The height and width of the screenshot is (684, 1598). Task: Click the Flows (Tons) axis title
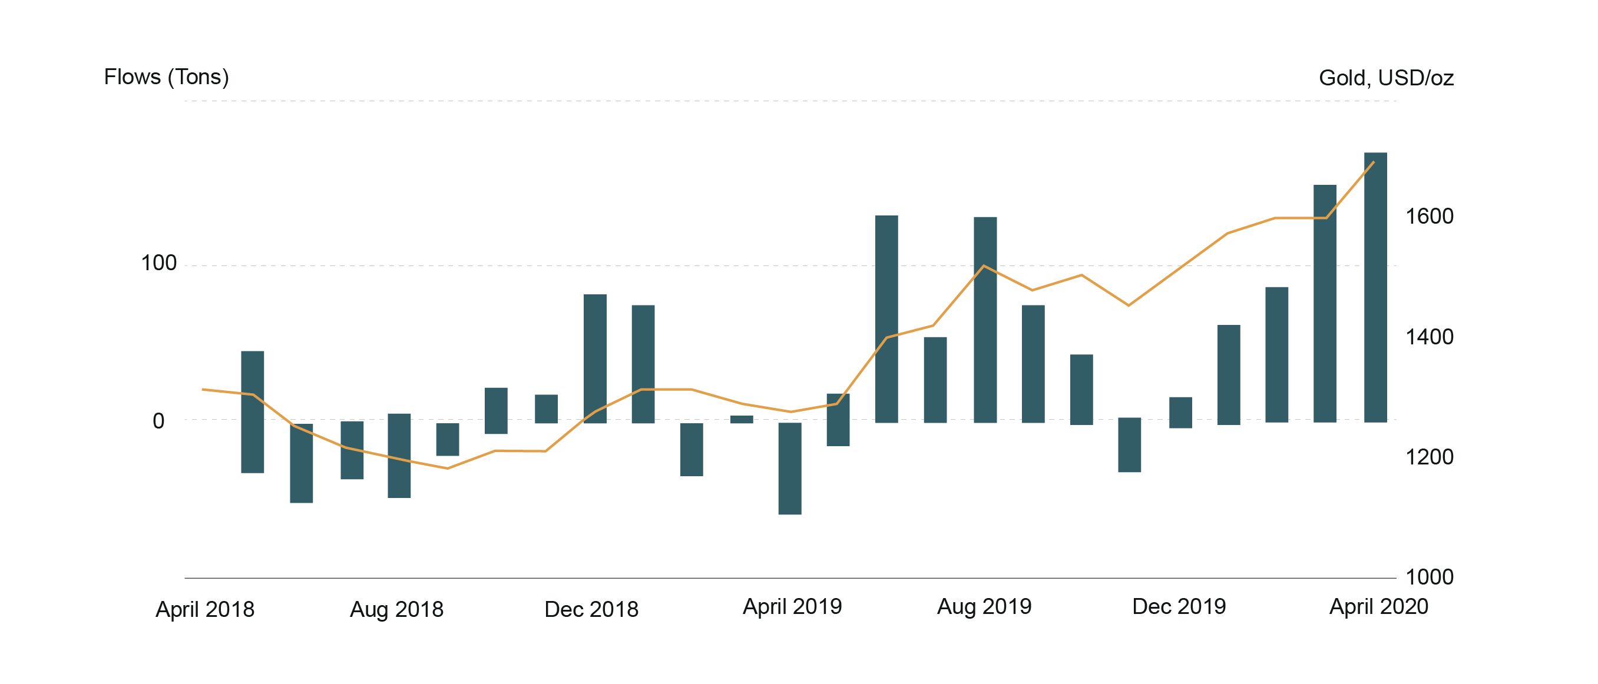pos(166,77)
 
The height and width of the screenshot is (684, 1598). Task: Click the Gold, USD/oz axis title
pos(1386,78)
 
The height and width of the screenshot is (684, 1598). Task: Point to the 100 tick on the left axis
pos(159,264)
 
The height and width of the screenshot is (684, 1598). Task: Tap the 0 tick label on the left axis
pos(159,421)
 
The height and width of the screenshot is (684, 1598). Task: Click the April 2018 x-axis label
pos(205,610)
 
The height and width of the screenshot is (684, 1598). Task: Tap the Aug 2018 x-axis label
pos(396,610)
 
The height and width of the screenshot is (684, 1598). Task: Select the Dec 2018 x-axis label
pos(591,610)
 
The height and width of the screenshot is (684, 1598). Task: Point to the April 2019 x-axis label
pos(792,606)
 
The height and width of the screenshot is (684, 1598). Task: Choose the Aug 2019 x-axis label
pos(984,606)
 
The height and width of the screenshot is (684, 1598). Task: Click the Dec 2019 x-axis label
pos(1179,606)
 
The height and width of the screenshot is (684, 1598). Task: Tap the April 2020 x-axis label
pos(1378,606)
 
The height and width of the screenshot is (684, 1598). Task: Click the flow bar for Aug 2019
pos(985,320)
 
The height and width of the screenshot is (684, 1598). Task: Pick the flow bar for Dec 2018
pos(595,358)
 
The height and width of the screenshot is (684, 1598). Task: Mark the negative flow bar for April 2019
pos(790,468)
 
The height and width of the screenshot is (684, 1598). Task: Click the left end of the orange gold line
pos(203,390)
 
